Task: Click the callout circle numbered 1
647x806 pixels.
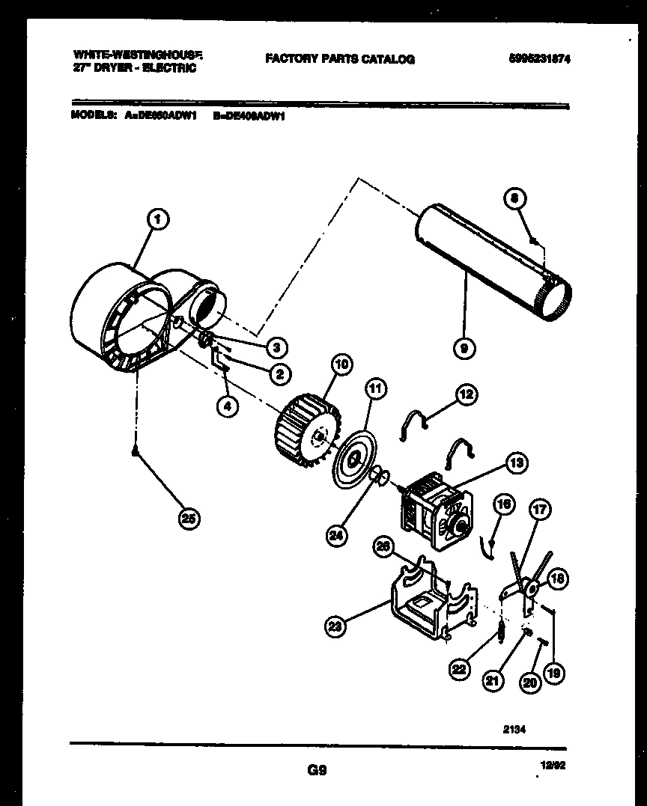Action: [x=157, y=219]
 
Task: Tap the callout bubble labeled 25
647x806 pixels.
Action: [x=189, y=518]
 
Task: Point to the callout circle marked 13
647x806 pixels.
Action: [x=515, y=463]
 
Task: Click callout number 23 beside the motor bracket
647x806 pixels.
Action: [x=336, y=626]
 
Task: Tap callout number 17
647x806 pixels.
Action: [x=539, y=512]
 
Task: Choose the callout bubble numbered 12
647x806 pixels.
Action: [x=467, y=394]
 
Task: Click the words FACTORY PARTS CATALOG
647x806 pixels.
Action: [x=339, y=59]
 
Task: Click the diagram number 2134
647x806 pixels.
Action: [x=516, y=726]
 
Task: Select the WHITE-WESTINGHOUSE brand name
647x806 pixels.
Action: [x=138, y=55]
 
